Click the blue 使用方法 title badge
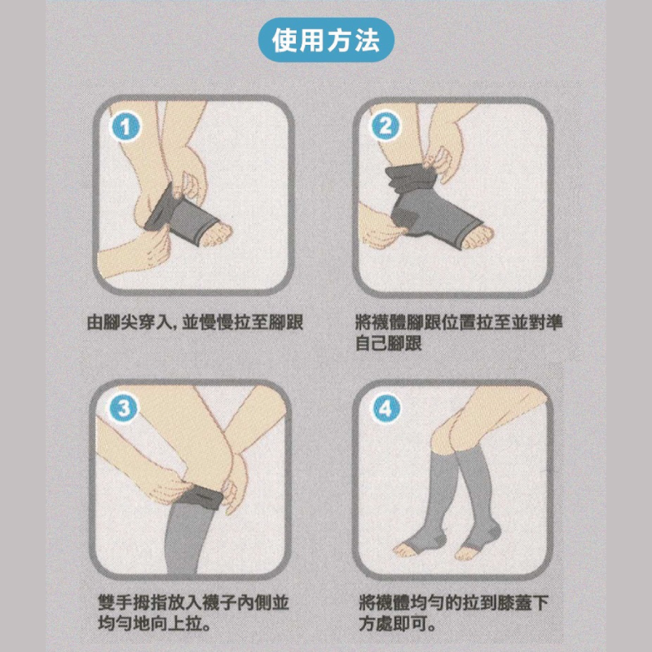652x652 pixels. [325, 40]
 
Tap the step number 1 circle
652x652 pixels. [126, 127]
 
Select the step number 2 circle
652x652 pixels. [385, 126]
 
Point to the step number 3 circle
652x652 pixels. [124, 408]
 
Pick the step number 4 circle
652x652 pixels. [385, 408]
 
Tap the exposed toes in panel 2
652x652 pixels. [479, 236]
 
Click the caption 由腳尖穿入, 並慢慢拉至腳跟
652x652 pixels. [196, 322]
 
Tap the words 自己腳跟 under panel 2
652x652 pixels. [390, 343]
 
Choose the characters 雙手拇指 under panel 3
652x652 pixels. [132, 602]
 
